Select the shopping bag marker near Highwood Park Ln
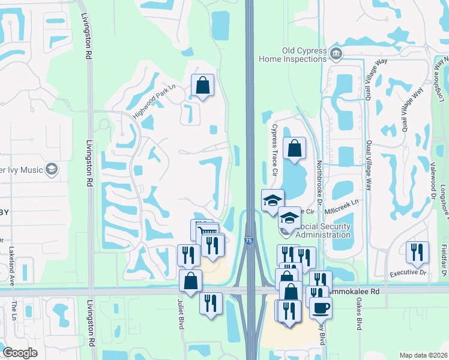coord(202,85)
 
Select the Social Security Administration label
coord(318,230)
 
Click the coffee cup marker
coord(321,308)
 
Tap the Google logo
coord(20,353)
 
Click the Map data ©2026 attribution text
coord(424,355)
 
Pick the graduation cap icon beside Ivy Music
coord(52,170)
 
